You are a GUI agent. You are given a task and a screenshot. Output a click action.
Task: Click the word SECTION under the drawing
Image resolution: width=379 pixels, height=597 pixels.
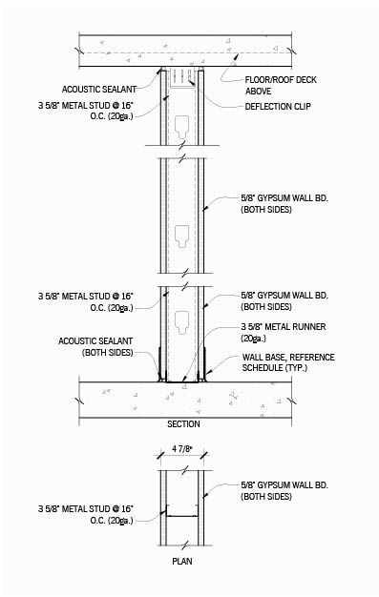[183, 423]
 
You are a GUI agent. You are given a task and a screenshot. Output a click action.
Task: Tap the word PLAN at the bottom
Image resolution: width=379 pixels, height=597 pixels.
[181, 562]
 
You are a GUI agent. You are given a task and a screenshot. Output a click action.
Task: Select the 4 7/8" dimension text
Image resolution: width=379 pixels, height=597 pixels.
[181, 448]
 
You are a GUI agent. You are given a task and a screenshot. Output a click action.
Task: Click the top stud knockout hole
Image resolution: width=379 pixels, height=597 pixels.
[183, 122]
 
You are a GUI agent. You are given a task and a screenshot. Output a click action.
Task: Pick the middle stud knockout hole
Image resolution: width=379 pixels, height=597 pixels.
[183, 231]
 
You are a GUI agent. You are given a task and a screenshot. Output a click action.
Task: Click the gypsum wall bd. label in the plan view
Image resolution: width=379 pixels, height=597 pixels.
[283, 491]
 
